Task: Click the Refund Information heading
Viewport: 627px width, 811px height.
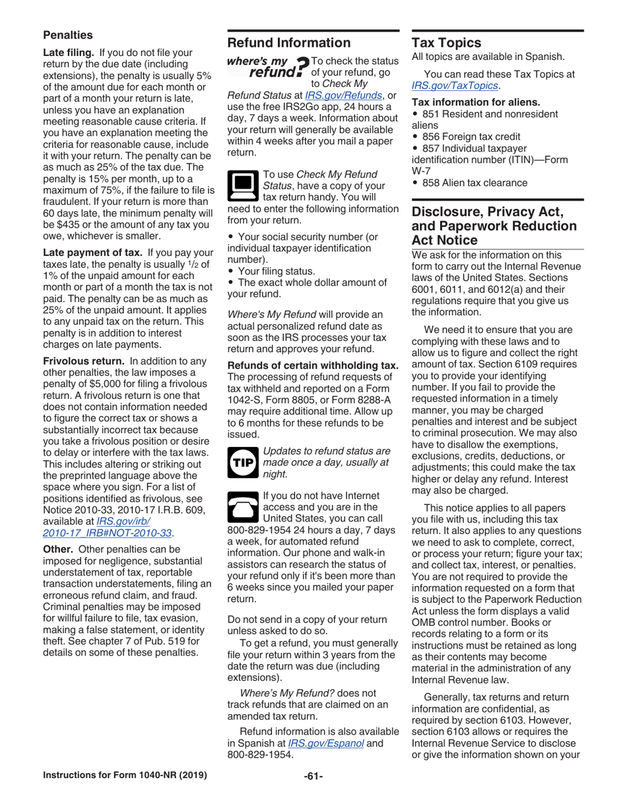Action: pyautogui.click(x=289, y=44)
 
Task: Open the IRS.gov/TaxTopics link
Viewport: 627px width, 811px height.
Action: pyautogui.click(x=454, y=85)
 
